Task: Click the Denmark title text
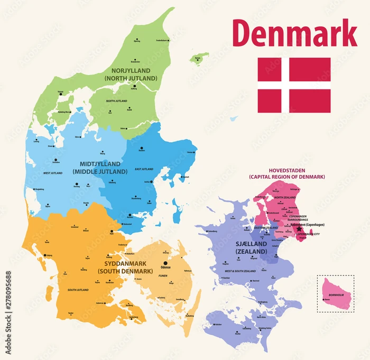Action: point(294,33)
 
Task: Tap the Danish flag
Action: point(294,85)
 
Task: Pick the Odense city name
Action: point(166,267)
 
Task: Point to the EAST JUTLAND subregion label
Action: point(144,169)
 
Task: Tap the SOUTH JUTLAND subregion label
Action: point(78,290)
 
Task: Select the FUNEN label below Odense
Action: point(164,275)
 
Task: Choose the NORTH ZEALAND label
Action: point(285,197)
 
